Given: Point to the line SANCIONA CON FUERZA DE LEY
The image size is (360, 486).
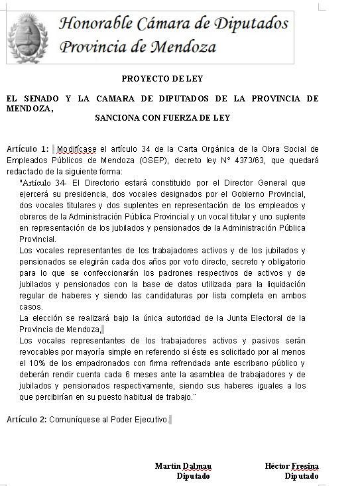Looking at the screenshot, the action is coord(162,119).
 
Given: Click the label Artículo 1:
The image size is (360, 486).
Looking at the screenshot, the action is coord(27,149).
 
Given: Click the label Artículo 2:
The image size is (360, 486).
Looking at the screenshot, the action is coord(27,420).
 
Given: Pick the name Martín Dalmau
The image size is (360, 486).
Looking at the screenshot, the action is coord(183,466).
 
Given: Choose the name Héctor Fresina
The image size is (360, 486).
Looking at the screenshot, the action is coord(292,466).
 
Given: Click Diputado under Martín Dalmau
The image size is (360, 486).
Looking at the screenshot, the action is coord(194,476).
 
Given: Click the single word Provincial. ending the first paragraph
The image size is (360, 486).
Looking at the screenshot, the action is coord(38,239).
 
